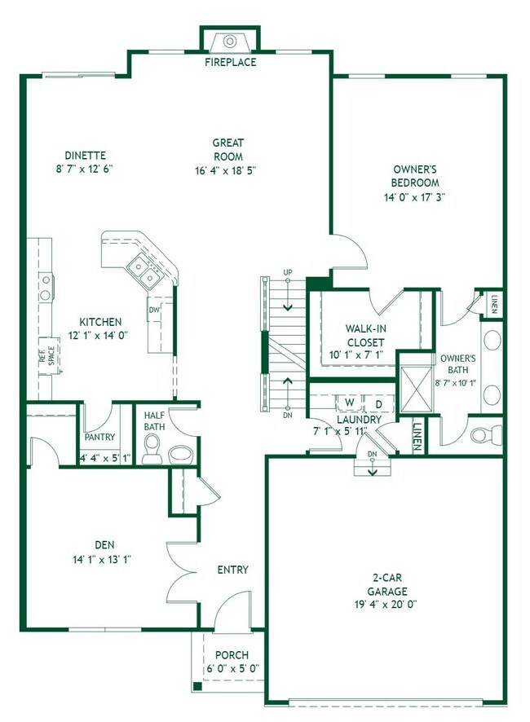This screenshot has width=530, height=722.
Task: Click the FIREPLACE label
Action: (231, 62)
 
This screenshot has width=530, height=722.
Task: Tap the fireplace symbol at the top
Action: (230, 42)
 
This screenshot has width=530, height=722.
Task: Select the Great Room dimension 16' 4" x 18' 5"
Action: (226, 170)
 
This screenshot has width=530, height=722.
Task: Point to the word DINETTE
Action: (86, 155)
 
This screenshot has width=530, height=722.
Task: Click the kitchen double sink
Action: (144, 271)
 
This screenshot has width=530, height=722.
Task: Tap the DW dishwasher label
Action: (154, 310)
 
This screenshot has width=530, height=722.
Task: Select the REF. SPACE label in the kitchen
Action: (47, 355)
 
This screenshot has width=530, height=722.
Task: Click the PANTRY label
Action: (99, 437)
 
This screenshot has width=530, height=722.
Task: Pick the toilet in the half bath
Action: (151, 448)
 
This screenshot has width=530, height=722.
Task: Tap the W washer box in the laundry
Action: (350, 403)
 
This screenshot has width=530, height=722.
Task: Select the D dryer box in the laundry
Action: (379, 404)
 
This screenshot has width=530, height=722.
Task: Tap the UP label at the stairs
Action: (288, 273)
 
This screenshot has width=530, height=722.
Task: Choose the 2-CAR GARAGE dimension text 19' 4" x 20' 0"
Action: (386, 605)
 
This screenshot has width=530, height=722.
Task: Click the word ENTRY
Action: (232, 570)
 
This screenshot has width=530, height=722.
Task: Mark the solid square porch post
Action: (197, 686)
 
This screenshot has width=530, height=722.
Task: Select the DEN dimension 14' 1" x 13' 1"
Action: (102, 560)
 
